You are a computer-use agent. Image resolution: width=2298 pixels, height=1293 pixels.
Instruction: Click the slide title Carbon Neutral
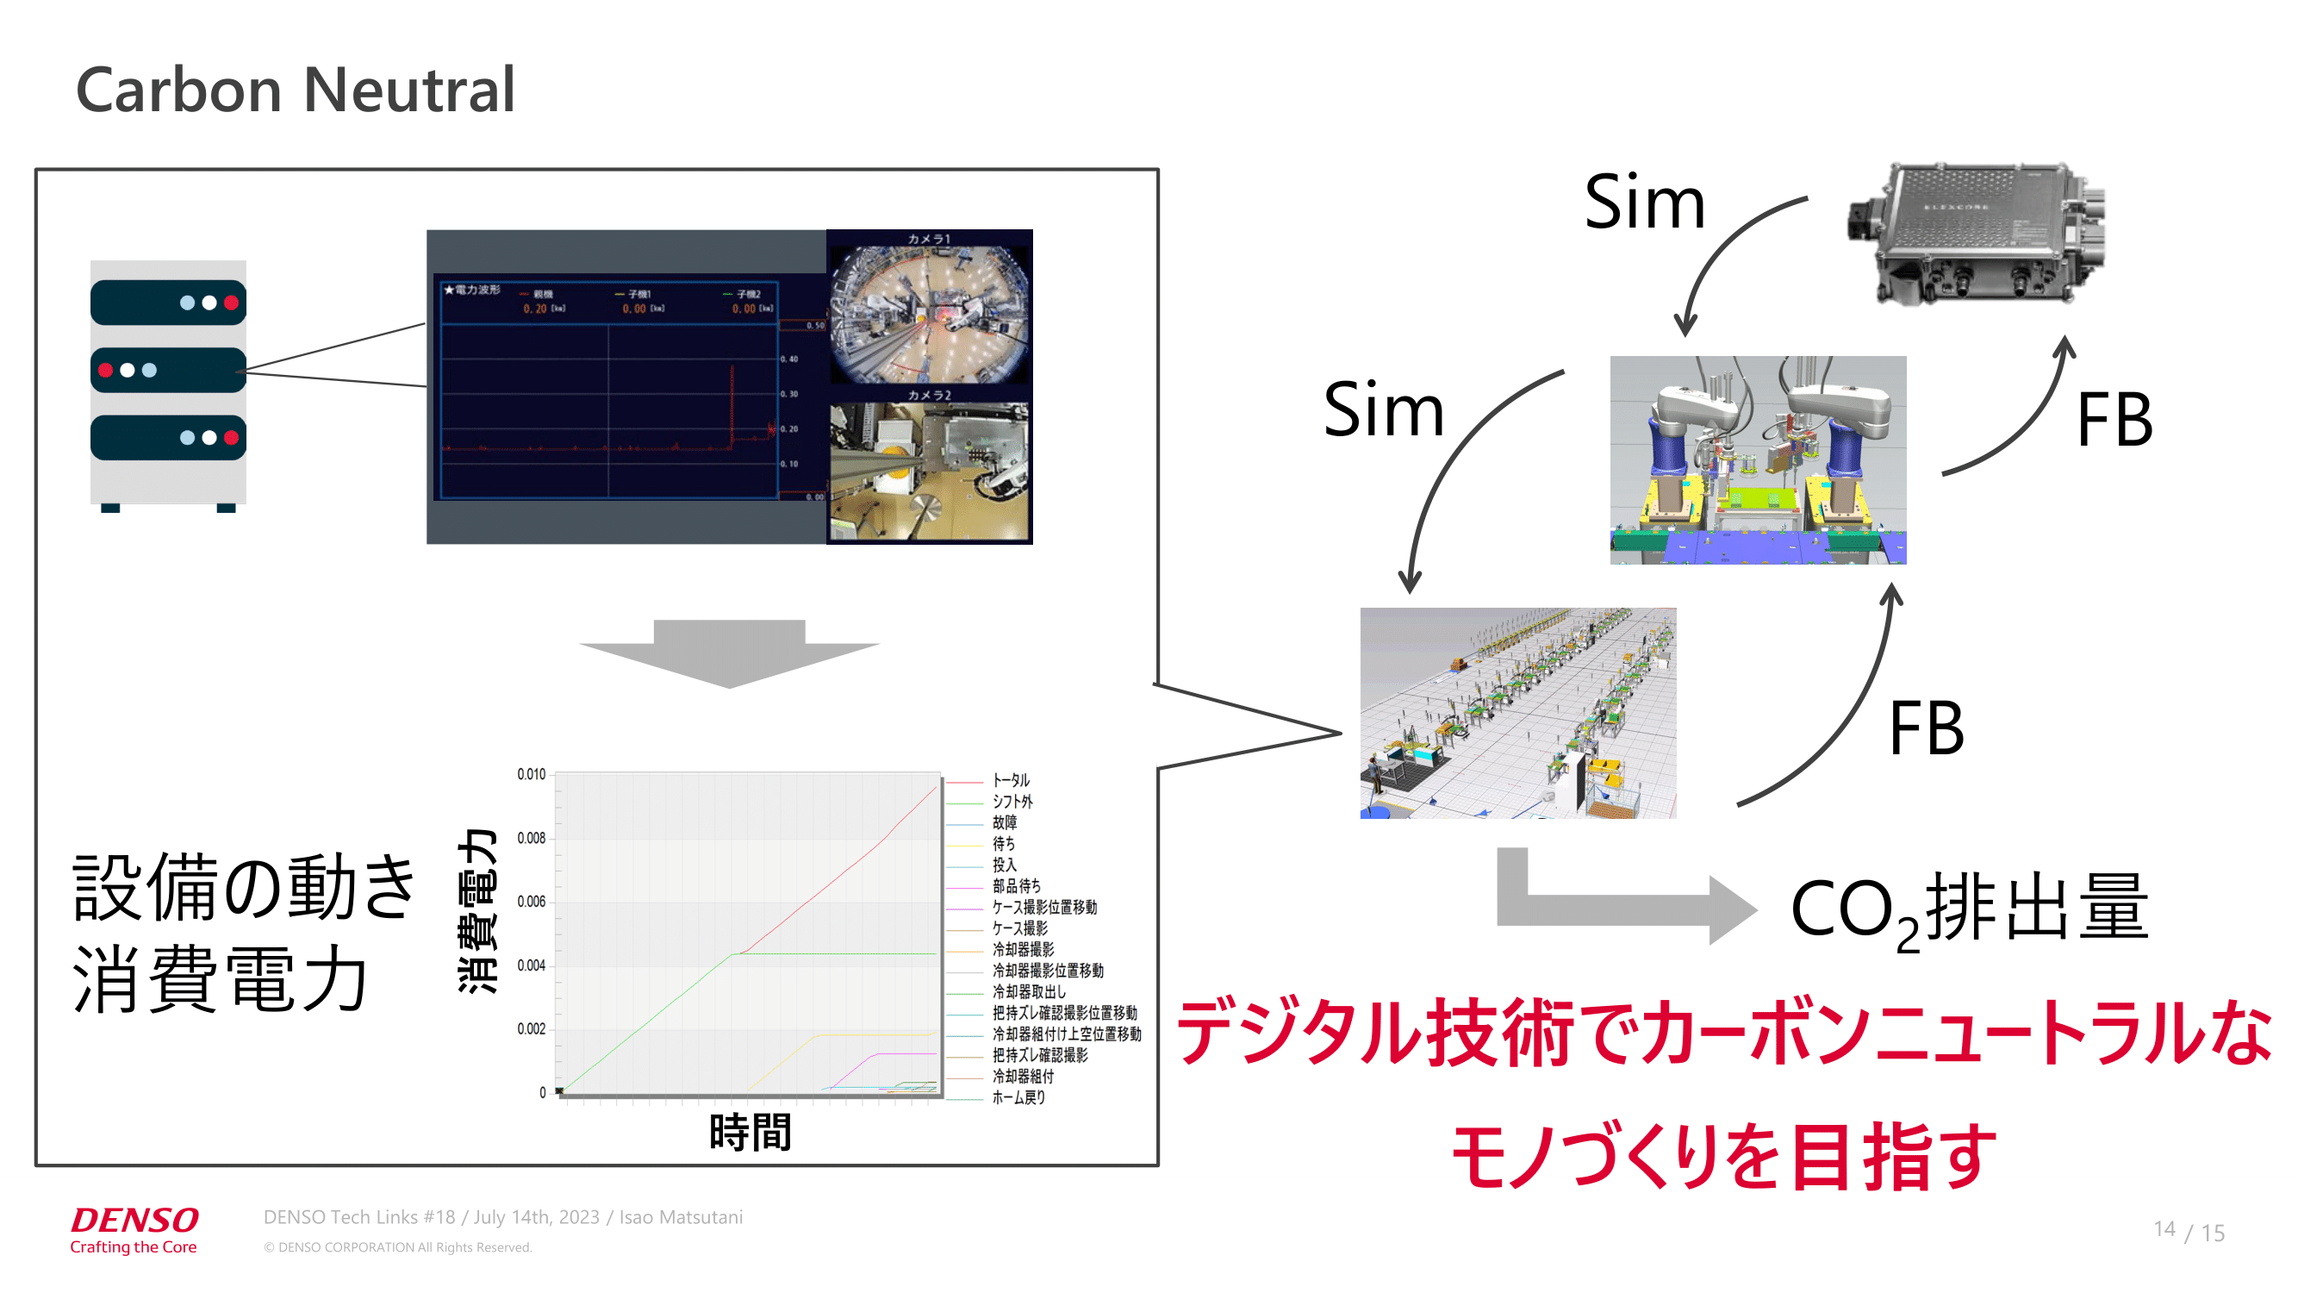[x=296, y=91]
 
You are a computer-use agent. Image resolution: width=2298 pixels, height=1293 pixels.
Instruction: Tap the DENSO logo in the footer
[x=134, y=1219]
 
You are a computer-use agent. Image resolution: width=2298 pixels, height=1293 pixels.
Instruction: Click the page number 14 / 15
[x=2189, y=1231]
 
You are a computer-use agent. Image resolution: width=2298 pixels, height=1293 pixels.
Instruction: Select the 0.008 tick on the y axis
[x=531, y=838]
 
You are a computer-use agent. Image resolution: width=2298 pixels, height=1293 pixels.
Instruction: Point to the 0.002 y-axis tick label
[x=531, y=1029]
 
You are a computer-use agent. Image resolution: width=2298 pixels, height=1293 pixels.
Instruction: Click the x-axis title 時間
[x=750, y=1133]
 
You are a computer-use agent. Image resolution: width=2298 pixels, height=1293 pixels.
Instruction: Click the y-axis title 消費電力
[x=477, y=909]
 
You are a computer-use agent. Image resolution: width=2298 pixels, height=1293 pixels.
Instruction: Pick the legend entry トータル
[x=1011, y=781]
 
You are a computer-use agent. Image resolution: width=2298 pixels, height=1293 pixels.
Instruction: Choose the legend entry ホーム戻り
[x=1018, y=1097]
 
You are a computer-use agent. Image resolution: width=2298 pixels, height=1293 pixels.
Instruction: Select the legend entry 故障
[x=1005, y=822]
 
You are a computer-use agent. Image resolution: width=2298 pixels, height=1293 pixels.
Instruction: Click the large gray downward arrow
[x=729, y=653]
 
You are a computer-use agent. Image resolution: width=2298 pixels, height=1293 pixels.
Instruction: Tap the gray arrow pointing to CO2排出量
[x=1623, y=906]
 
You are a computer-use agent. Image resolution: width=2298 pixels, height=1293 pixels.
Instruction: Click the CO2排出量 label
[x=1970, y=909]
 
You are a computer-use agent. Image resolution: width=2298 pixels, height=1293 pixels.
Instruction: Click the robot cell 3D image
[x=1758, y=459]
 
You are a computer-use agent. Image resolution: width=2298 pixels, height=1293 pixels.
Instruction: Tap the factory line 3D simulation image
[x=1517, y=713]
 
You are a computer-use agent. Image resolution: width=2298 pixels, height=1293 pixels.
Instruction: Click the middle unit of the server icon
[x=168, y=371]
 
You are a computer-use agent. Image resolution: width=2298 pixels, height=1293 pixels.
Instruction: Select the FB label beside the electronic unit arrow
[x=2114, y=421]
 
